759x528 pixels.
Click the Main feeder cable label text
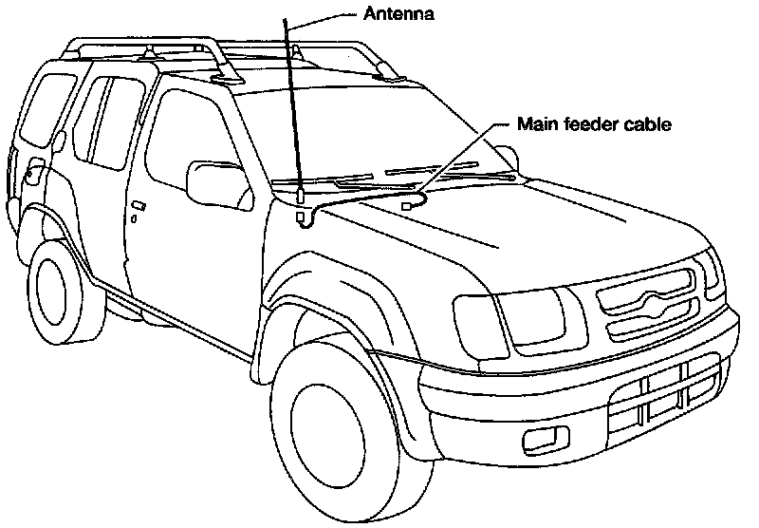click(595, 124)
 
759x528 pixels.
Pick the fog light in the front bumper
click(544, 440)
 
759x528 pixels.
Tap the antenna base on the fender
click(300, 194)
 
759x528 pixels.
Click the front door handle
click(139, 206)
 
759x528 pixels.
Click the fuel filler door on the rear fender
click(35, 174)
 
